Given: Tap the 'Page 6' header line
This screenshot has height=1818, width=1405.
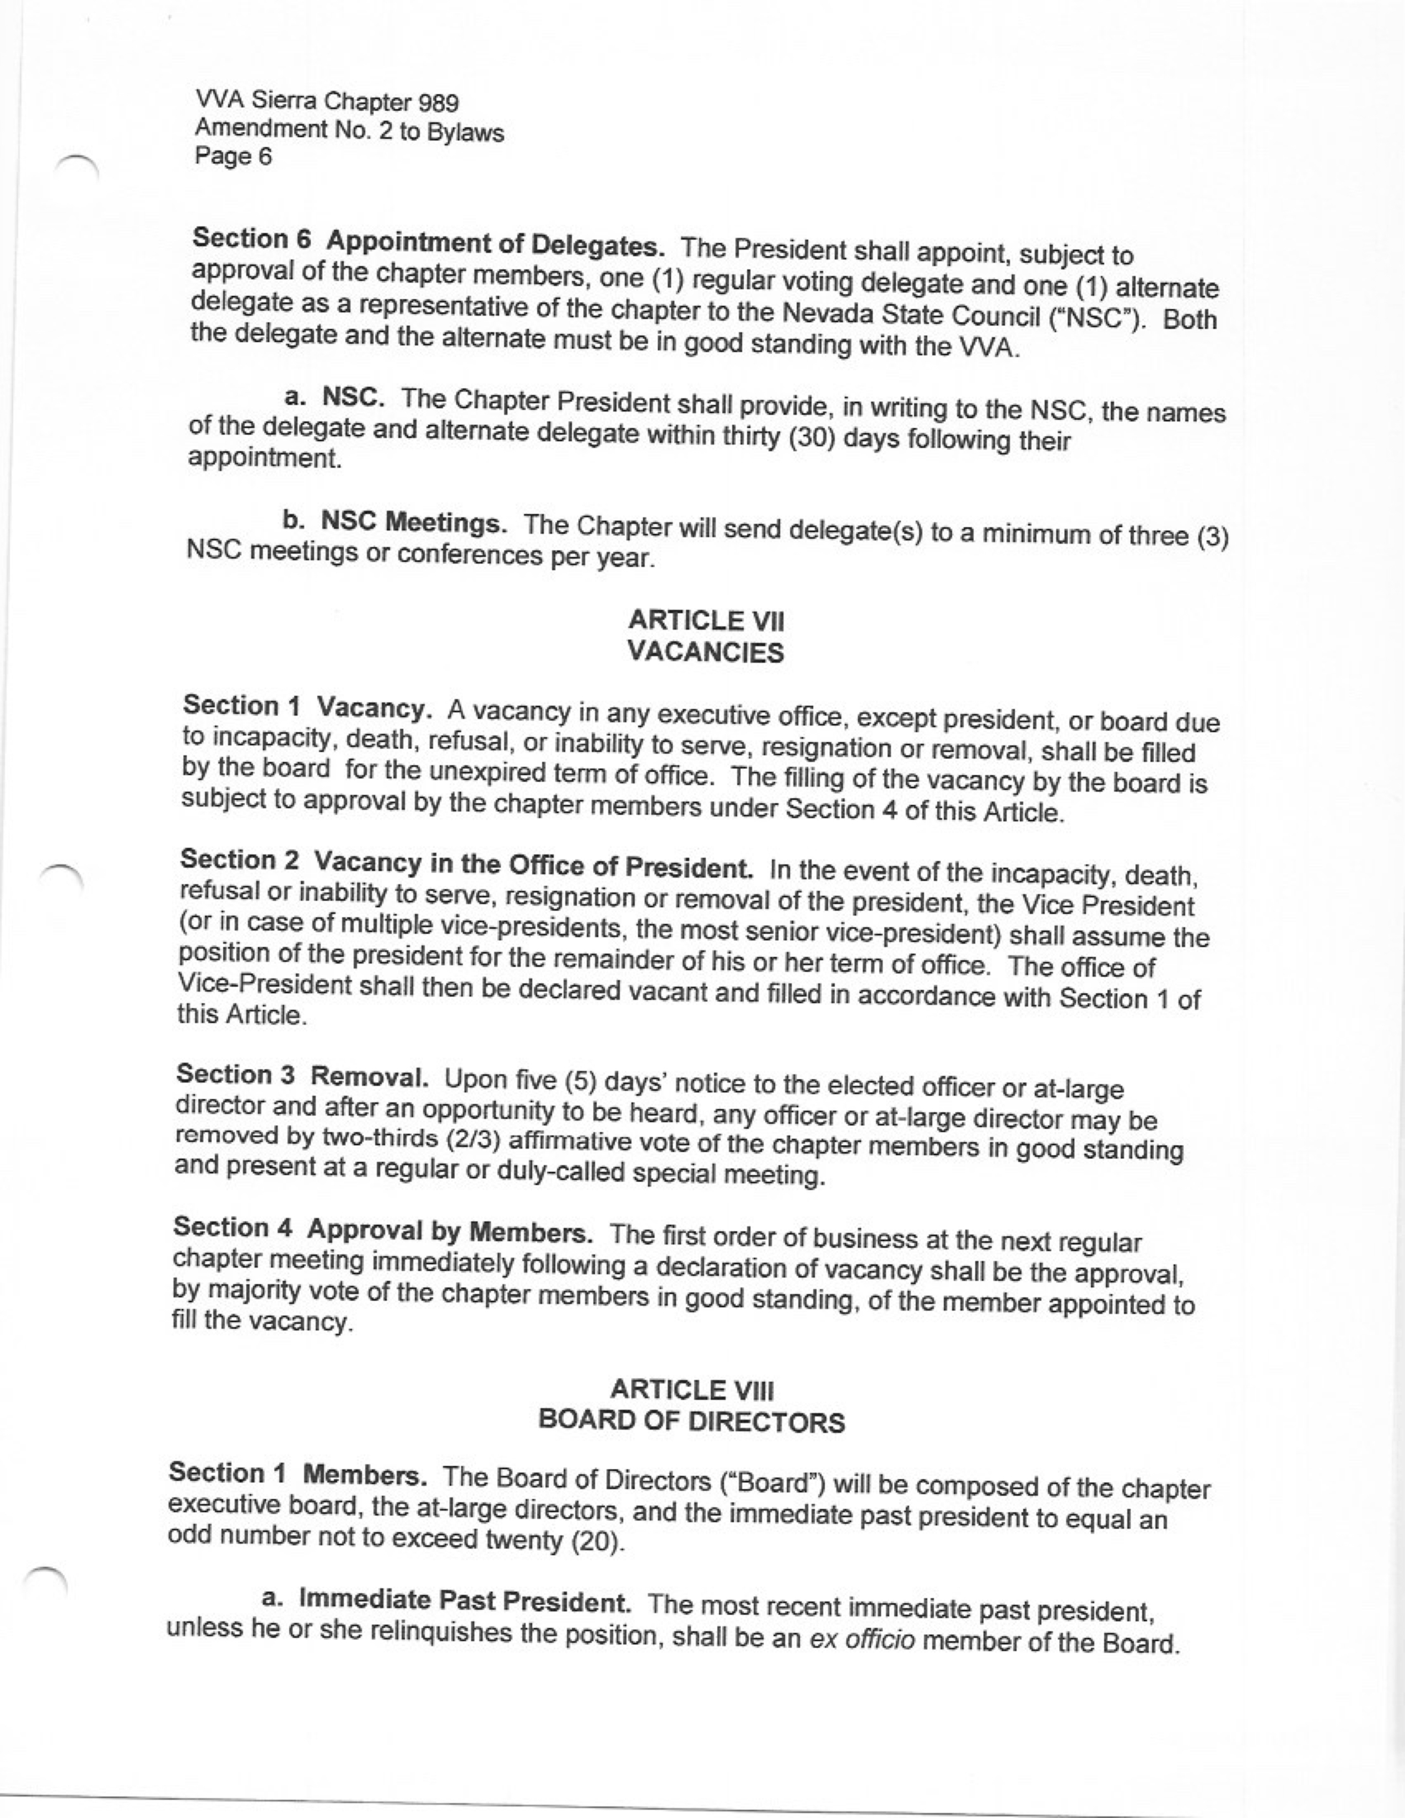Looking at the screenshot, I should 233,156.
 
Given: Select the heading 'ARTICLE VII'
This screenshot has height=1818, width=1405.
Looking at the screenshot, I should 706,621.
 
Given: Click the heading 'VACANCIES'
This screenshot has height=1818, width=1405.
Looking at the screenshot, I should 706,653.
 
